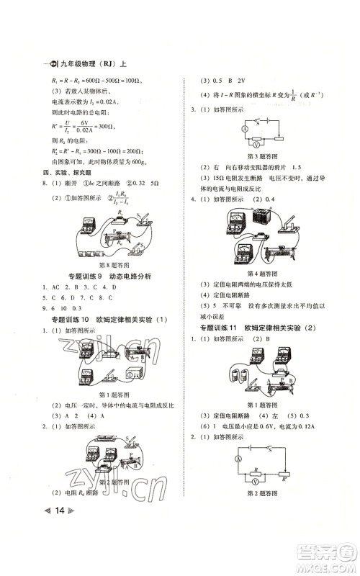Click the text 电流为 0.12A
pyautogui.click(x=305, y=436)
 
